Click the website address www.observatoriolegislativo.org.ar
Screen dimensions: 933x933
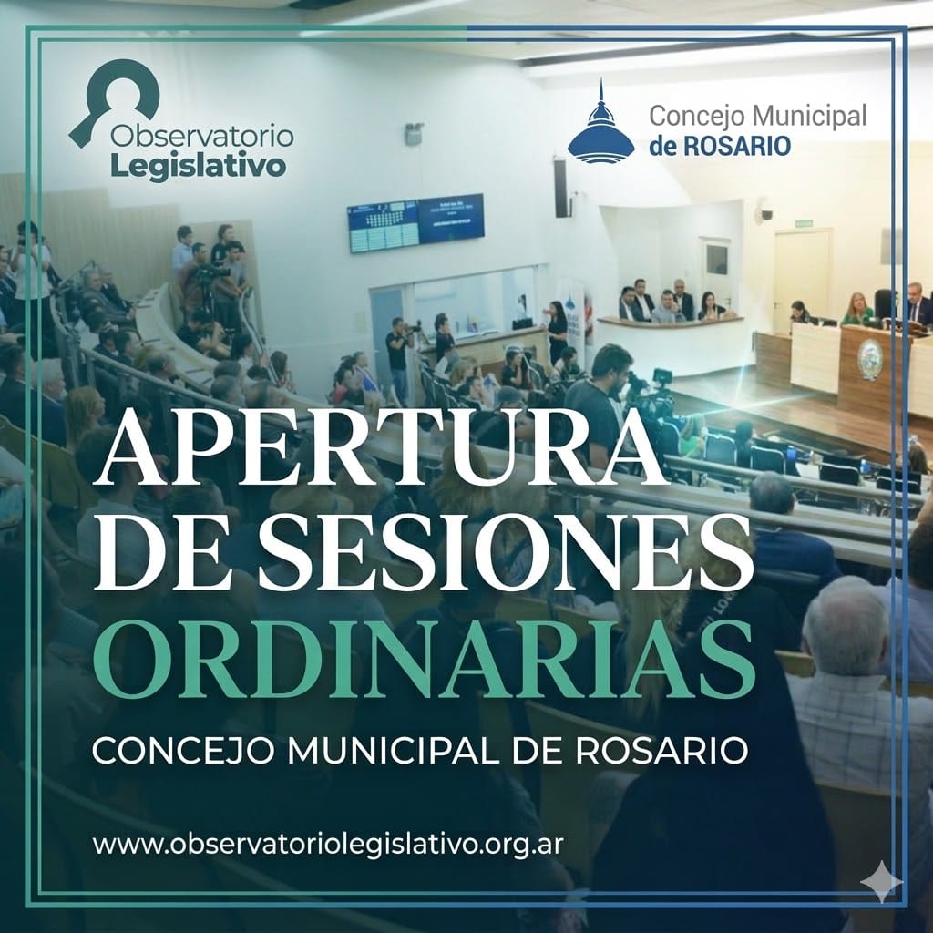pos(328,843)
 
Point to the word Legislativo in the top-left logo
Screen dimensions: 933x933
pos(197,168)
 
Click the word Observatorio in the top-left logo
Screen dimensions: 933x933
pos(201,137)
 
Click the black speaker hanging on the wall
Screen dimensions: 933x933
pos(560,188)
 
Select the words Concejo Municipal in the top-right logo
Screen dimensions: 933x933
pos(756,117)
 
